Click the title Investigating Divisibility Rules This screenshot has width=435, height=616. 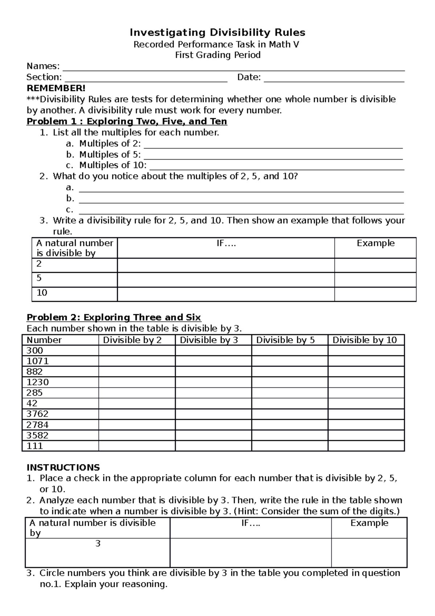pyautogui.click(x=217, y=33)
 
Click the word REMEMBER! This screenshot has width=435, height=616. pyautogui.click(x=56, y=88)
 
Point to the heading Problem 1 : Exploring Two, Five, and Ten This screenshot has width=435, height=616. pyautogui.click(x=127, y=121)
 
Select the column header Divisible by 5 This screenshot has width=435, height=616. pyautogui.click(x=285, y=340)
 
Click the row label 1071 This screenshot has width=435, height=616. pyautogui.click(x=38, y=361)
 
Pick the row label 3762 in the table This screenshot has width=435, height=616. pyautogui.click(x=38, y=414)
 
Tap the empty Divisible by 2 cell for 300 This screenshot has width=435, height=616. pyautogui.click(x=137, y=350)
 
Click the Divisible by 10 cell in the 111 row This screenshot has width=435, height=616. pyautogui.click(x=366, y=446)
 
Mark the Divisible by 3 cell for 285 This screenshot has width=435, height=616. pyautogui.click(x=213, y=393)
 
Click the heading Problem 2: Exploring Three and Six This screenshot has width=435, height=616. pyautogui.click(x=114, y=317)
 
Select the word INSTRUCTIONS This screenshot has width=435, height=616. pyautogui.click(x=63, y=467)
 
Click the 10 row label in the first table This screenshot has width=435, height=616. pyautogui.click(x=42, y=293)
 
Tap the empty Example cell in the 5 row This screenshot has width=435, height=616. pyautogui.click(x=375, y=280)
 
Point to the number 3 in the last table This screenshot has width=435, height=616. pyautogui.click(x=98, y=543)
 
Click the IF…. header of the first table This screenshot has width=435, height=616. pyautogui.click(x=226, y=243)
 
